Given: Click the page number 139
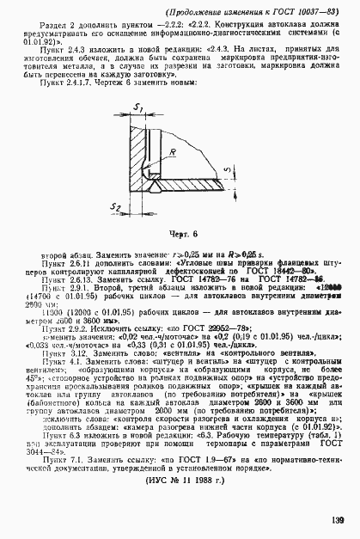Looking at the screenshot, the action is click(x=336, y=519).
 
